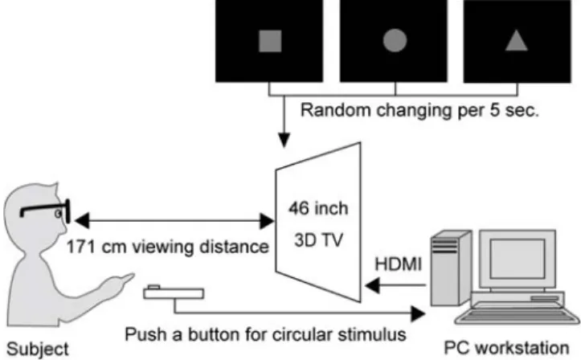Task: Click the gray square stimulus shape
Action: point(270,41)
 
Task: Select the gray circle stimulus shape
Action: point(395,40)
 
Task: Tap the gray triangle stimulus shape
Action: point(517,40)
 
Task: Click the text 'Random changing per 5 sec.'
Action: point(419,110)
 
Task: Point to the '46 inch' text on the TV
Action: point(319,208)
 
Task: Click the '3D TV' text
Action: point(319,240)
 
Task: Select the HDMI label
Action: point(399,264)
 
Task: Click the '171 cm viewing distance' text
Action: point(167,247)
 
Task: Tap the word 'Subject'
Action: point(38,349)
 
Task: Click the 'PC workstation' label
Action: point(506,348)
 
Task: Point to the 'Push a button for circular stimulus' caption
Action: point(265,334)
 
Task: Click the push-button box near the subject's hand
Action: point(174,292)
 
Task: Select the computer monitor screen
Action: point(518,259)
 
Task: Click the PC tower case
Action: point(451,268)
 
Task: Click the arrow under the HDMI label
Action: point(395,285)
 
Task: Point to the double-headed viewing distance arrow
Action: point(174,221)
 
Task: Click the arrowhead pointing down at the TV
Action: point(284,140)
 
